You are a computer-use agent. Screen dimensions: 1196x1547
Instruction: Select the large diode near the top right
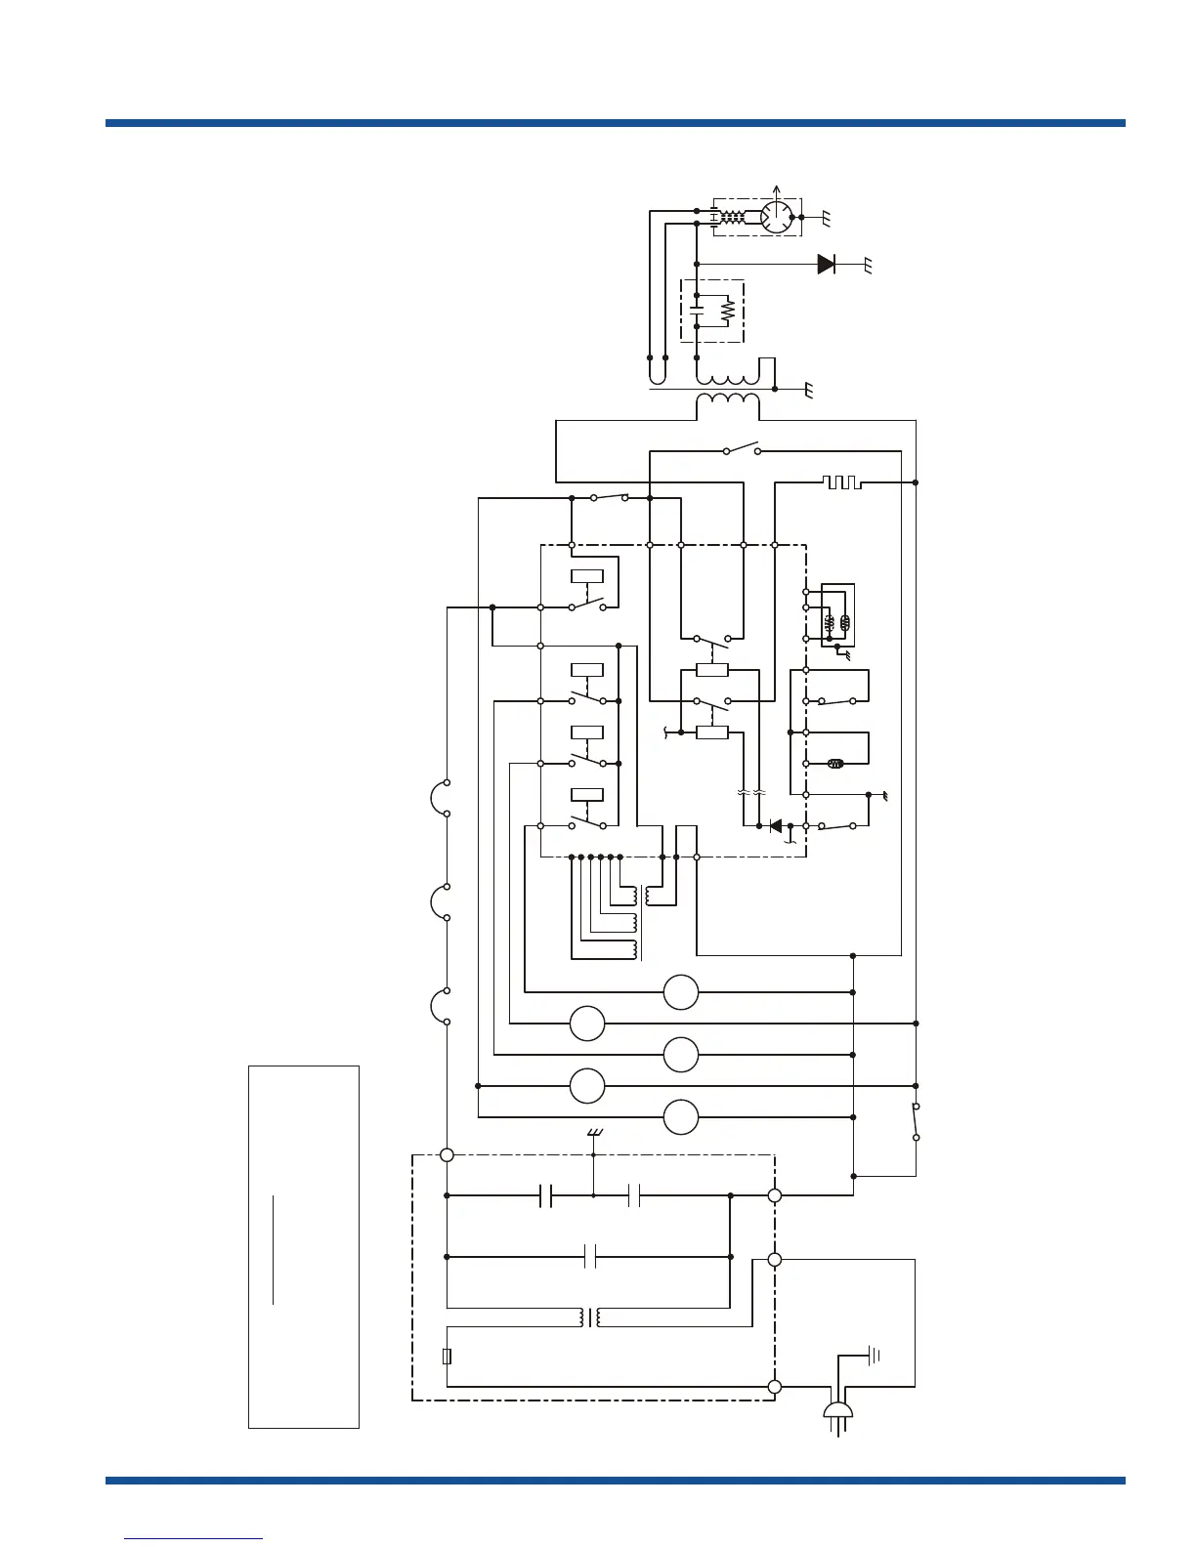click(827, 264)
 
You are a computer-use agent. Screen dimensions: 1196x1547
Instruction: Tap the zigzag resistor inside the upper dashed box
click(727, 312)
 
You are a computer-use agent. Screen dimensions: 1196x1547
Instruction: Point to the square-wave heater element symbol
click(841, 482)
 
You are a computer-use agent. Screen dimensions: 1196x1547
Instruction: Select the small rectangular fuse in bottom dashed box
click(447, 1357)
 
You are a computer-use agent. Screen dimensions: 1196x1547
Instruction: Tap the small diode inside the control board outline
click(776, 826)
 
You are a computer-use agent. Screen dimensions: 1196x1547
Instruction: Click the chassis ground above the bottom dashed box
click(593, 1133)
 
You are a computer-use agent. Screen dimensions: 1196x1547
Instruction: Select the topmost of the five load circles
click(681, 992)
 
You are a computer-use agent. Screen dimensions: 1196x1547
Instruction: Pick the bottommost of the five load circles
click(681, 1117)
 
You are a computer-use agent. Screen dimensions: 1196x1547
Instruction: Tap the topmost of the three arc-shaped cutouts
click(437, 798)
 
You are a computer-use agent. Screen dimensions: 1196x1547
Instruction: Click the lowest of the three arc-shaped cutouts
click(437, 1006)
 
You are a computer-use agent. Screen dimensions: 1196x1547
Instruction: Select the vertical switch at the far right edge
click(916, 1121)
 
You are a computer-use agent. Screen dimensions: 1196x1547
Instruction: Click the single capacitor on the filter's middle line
click(590, 1257)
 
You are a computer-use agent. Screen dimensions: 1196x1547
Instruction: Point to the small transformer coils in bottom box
click(590, 1317)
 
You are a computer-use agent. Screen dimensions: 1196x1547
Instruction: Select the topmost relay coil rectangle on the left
click(586, 575)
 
